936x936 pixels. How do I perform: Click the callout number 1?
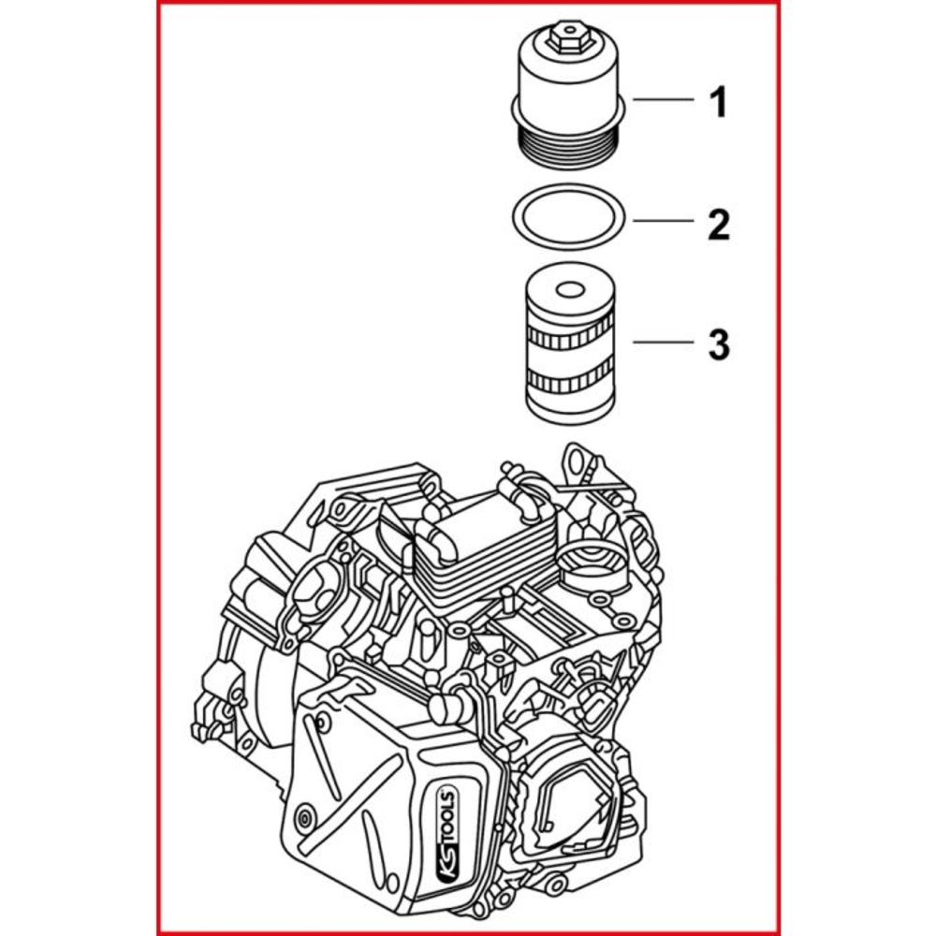click(x=717, y=100)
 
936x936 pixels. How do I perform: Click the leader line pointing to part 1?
click(x=663, y=99)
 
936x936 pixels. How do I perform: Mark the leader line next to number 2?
click(x=663, y=222)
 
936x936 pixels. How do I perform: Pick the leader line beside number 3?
click(x=663, y=343)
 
